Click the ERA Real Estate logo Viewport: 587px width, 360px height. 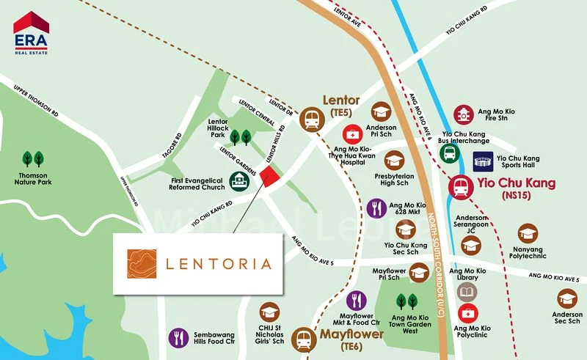31,32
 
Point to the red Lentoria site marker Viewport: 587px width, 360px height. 269,177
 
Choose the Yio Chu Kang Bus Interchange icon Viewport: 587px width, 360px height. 449,153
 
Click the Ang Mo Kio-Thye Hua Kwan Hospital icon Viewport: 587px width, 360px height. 354,135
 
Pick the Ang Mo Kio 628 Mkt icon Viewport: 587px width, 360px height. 376,208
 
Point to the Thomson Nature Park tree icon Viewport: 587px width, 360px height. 33,159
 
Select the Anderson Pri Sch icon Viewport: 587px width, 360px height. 380,111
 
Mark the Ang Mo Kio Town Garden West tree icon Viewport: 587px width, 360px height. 407,301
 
